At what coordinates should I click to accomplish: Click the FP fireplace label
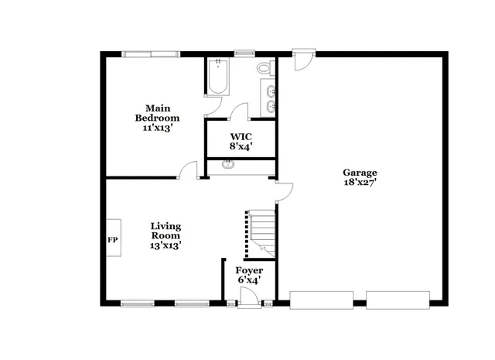click(112, 240)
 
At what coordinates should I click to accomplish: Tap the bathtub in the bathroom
click(217, 77)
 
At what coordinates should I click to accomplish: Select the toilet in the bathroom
click(265, 70)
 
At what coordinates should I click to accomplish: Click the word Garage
click(360, 173)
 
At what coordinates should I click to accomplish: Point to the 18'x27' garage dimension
click(360, 183)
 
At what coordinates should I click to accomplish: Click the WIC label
click(240, 135)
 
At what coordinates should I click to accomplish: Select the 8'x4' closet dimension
click(240, 146)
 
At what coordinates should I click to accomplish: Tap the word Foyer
click(249, 270)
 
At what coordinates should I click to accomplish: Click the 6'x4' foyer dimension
click(249, 279)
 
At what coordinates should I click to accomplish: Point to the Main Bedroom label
click(157, 113)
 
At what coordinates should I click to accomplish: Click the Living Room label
click(166, 230)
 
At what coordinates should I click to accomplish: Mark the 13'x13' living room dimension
click(166, 245)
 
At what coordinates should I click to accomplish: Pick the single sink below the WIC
click(229, 163)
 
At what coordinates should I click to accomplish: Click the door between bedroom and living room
click(188, 173)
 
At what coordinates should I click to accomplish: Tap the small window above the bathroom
click(245, 53)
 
